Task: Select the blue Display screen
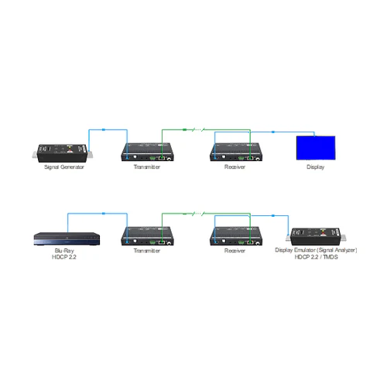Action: tap(316, 148)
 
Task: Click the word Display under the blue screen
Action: tap(316, 166)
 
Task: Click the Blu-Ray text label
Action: tap(66, 251)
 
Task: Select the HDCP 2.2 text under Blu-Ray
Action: tap(66, 257)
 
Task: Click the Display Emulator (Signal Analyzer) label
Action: tap(317, 251)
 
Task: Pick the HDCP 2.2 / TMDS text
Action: tap(317, 257)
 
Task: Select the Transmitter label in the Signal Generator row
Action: tap(147, 166)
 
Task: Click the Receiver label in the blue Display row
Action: tap(235, 166)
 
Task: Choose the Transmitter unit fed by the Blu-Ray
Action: tap(147, 237)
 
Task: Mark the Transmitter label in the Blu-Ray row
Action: tap(147, 251)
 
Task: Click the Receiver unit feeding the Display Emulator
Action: tap(235, 237)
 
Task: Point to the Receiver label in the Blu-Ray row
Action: tap(235, 251)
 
